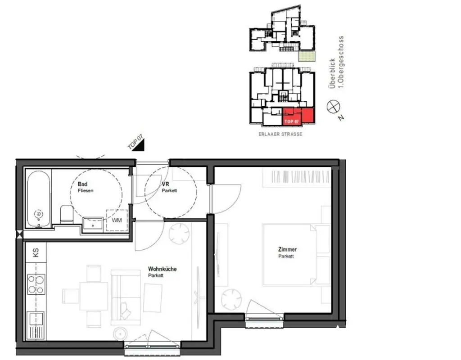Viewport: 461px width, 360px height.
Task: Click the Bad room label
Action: click(82, 184)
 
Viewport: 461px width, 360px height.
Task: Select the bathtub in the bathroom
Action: click(39, 200)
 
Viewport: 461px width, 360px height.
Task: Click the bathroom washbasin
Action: click(94, 223)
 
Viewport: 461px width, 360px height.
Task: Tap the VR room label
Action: click(165, 184)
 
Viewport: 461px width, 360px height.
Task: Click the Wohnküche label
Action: click(162, 269)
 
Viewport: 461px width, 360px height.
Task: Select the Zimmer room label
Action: click(287, 250)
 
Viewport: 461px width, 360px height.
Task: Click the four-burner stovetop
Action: click(36, 284)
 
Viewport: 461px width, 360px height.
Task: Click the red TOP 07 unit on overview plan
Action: click(298, 117)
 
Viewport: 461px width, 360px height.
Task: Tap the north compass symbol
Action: click(334, 106)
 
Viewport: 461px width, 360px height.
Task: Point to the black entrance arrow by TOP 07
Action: click(140, 145)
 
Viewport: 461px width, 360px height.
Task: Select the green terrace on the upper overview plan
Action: click(307, 56)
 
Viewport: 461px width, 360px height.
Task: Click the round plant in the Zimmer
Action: click(232, 299)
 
